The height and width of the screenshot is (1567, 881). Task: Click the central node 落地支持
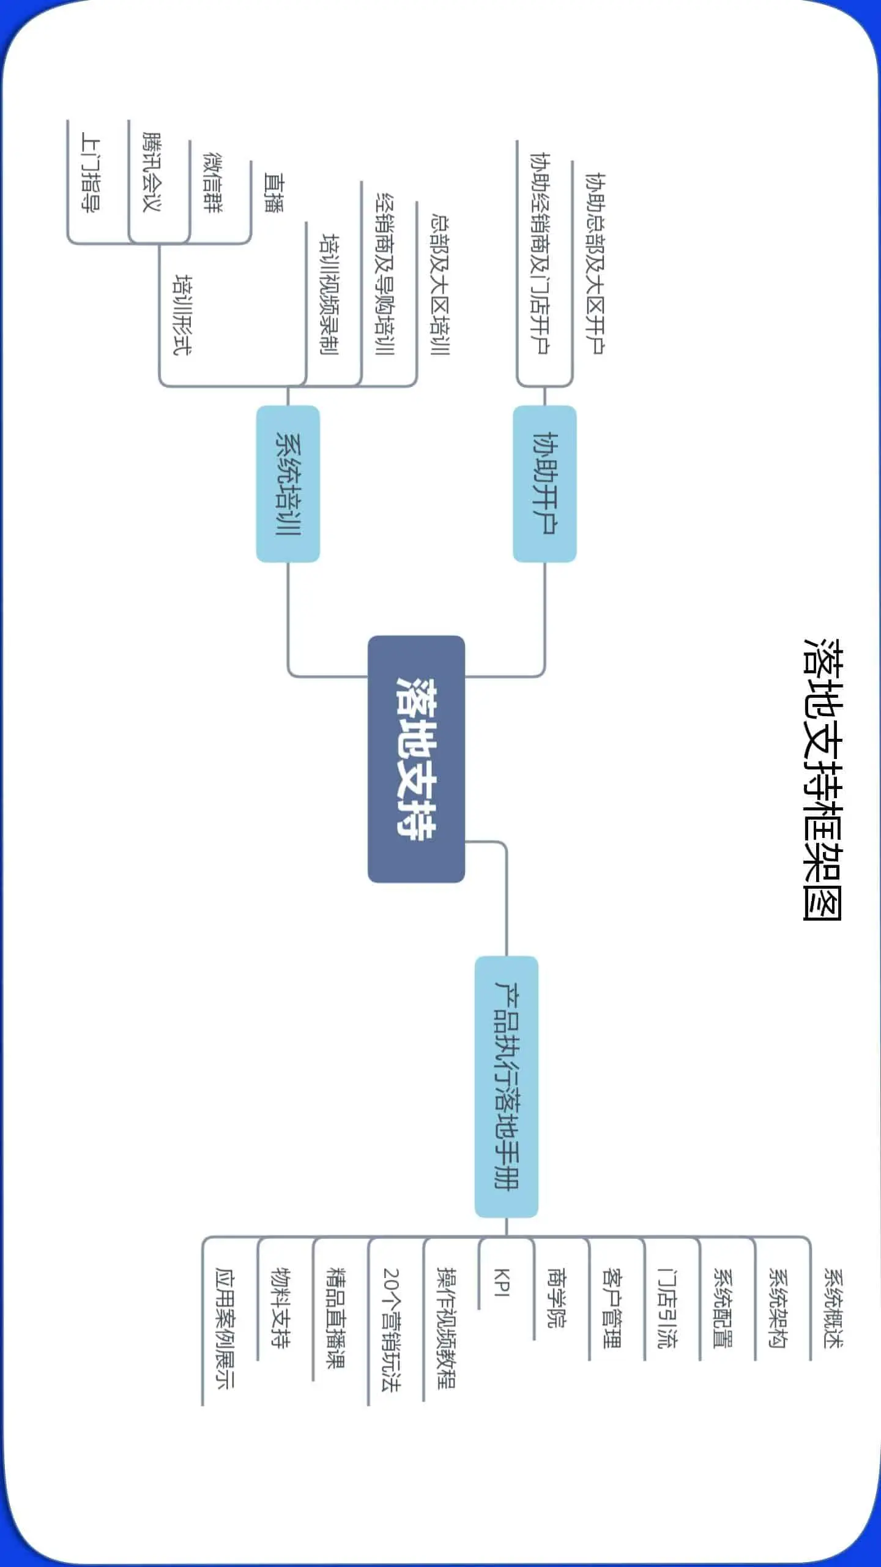click(x=416, y=758)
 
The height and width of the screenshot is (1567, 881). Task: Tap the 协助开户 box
click(x=545, y=484)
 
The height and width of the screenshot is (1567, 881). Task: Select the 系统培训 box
click(x=288, y=484)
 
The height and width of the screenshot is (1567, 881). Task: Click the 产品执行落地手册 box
click(x=507, y=1086)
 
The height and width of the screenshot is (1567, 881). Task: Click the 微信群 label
click(x=213, y=182)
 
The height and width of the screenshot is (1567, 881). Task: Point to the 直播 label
click(x=273, y=192)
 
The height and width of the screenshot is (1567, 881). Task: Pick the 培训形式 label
click(x=182, y=315)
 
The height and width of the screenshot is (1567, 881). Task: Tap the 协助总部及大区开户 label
click(x=595, y=263)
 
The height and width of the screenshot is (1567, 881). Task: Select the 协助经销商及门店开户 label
click(x=540, y=253)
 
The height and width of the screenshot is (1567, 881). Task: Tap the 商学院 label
click(x=556, y=1298)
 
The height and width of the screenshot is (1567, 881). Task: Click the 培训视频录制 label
click(x=330, y=294)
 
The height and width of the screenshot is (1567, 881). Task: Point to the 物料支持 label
click(x=280, y=1307)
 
